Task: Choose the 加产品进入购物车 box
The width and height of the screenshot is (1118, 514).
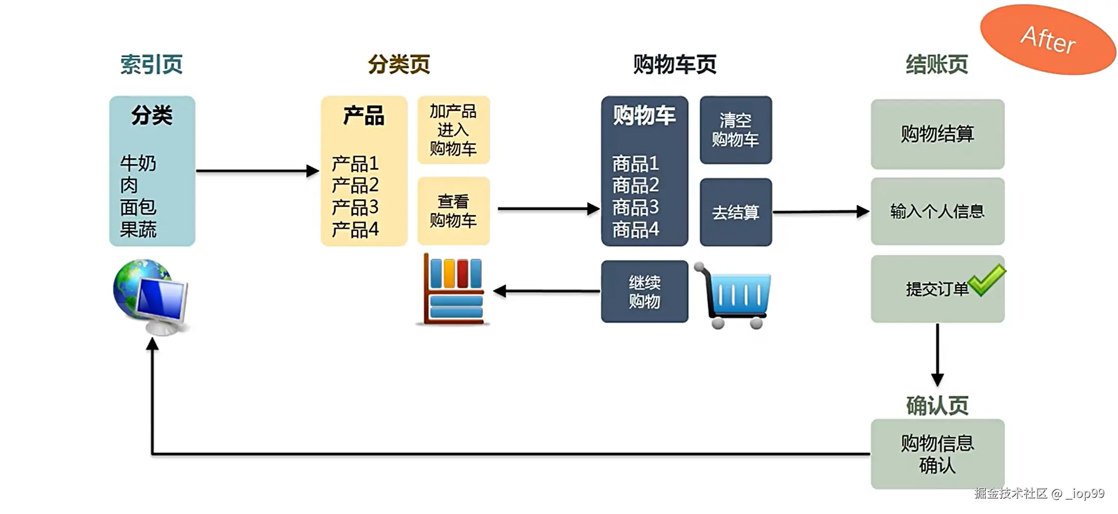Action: (453, 130)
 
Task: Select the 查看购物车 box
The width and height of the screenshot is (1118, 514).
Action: (453, 211)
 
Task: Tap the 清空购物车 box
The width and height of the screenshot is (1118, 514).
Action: (735, 130)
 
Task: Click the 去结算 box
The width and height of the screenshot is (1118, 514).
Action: (735, 212)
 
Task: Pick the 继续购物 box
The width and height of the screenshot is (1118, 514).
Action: (644, 292)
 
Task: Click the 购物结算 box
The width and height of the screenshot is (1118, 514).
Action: (937, 134)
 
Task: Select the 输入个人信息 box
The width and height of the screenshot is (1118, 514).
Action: (937, 211)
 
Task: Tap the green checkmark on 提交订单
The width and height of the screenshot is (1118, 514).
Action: (987, 280)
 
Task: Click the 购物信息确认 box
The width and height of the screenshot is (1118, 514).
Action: (937, 454)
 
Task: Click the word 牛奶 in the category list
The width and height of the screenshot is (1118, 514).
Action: (138, 164)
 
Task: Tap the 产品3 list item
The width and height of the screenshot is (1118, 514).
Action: (355, 208)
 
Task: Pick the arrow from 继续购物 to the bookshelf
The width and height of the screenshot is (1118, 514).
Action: (546, 291)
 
